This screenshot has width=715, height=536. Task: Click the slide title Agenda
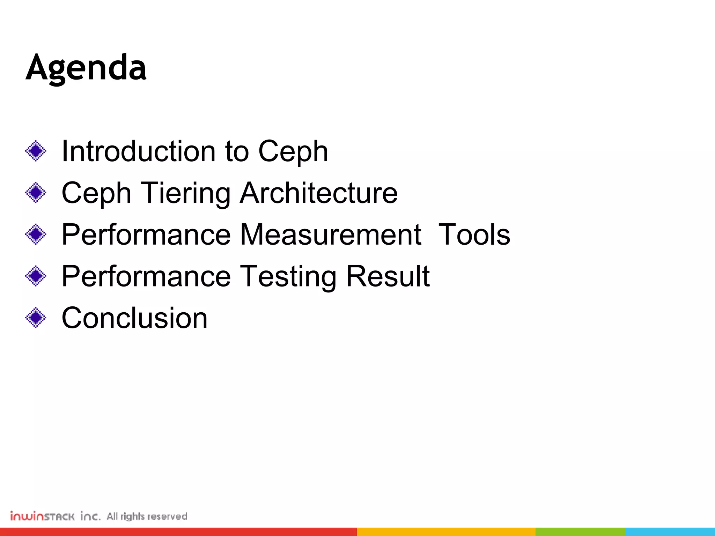86,68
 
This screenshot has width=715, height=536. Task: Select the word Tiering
185,193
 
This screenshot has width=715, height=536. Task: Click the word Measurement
331,234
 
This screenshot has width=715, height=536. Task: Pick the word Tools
474,234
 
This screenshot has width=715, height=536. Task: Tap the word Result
388,276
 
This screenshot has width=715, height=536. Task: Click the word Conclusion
134,318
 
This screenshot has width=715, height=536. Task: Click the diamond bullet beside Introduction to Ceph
36,151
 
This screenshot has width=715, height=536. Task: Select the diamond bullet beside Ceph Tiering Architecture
36,193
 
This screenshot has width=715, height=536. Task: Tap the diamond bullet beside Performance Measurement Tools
36,234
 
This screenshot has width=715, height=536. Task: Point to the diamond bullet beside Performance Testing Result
36,276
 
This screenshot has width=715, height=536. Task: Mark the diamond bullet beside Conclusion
36,318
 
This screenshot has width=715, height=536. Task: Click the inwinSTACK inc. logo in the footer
55,516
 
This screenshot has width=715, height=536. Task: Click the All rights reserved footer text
147,516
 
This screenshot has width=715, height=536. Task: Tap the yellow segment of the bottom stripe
446,532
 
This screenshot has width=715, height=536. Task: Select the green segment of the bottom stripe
580,532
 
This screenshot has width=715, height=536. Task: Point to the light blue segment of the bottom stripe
670,532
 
